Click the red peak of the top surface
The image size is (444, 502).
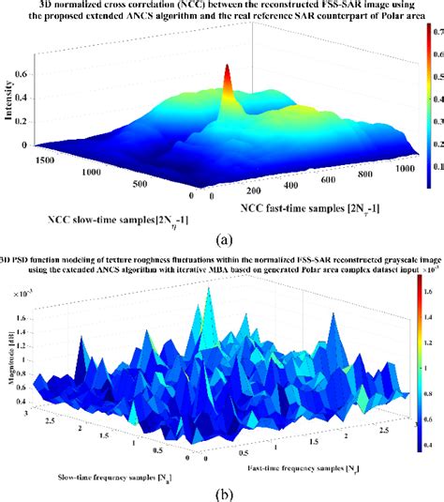click(x=225, y=71)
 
